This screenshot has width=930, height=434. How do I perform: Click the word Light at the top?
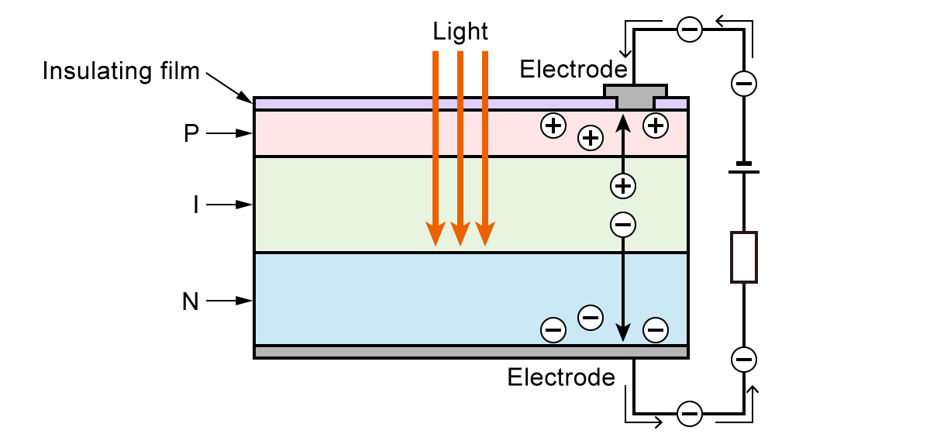[460, 32]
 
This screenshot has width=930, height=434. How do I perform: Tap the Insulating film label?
[121, 71]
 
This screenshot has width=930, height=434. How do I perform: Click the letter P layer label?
[191, 133]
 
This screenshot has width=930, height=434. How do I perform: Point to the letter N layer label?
[190, 301]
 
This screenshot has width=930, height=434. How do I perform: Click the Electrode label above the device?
[573, 69]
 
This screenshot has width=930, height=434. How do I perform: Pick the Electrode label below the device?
[561, 377]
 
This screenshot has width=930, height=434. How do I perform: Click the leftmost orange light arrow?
[436, 147]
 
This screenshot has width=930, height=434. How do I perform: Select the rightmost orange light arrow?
[485, 147]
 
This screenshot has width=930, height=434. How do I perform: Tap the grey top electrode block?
[635, 97]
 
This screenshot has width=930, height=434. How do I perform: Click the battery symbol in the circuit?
[743, 167]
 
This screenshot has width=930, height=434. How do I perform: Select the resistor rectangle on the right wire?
[743, 257]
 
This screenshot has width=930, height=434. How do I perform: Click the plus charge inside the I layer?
[623, 185]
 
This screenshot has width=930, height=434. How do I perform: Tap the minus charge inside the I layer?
[623, 225]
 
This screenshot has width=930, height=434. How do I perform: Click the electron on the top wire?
[689, 30]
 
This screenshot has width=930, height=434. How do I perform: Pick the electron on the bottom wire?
[689, 413]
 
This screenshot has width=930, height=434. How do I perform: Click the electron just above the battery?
[743, 84]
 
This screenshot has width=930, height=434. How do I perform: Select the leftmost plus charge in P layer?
[553, 126]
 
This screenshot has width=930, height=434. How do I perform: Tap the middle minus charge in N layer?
[591, 316]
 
